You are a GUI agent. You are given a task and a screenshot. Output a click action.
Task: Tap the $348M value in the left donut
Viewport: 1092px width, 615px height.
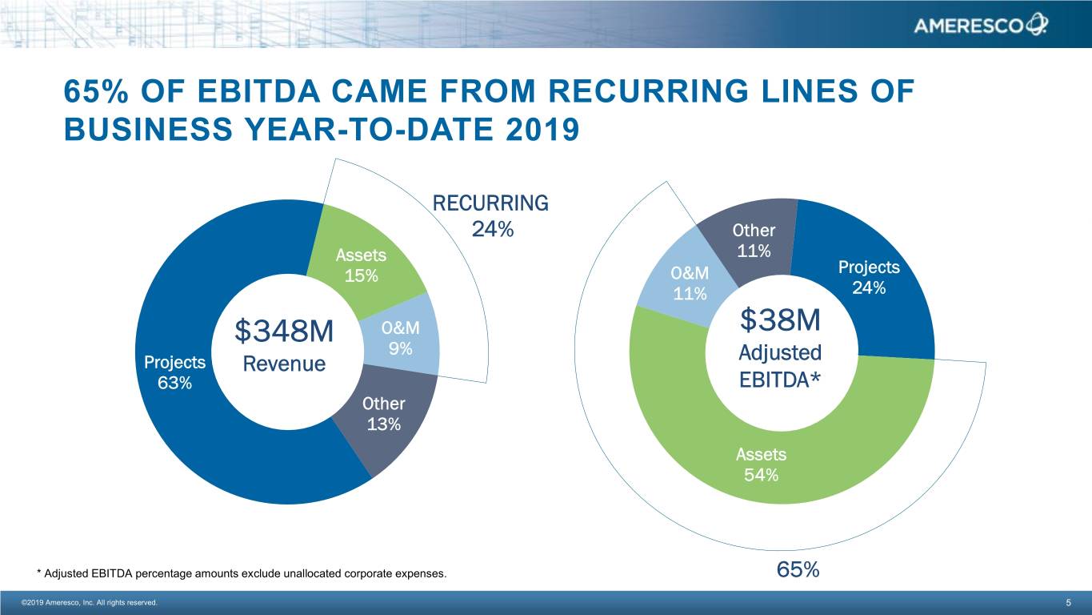(284, 331)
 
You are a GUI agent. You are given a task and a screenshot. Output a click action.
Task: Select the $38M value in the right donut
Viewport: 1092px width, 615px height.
(780, 320)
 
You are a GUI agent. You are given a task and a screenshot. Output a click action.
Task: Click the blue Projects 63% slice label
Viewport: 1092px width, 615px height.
(174, 372)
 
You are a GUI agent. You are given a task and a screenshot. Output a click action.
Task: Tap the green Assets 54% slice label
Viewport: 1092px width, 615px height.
(761, 464)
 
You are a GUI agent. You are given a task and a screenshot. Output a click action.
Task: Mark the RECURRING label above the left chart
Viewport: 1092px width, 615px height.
(490, 203)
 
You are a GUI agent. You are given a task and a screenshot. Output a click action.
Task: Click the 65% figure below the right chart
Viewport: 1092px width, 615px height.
(798, 570)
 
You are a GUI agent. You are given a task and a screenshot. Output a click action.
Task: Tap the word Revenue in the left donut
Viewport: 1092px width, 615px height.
(284, 364)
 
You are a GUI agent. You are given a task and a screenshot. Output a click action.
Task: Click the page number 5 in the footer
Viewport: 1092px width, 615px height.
(1068, 603)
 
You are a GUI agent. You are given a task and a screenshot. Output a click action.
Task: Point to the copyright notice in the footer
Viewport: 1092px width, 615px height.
(90, 602)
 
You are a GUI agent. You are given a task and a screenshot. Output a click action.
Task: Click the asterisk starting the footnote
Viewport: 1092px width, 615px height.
(38, 573)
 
